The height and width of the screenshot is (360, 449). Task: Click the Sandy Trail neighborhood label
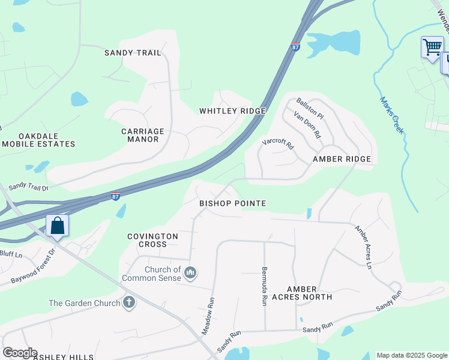pyautogui.click(x=133, y=53)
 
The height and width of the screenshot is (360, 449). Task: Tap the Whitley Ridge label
pyautogui.click(x=232, y=111)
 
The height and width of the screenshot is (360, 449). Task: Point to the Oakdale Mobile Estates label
pyautogui.click(x=38, y=140)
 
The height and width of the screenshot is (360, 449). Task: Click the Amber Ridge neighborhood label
pyautogui.click(x=342, y=159)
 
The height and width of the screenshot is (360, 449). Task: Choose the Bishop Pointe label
pyautogui.click(x=232, y=203)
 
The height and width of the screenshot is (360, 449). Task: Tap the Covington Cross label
pyautogui.click(x=152, y=240)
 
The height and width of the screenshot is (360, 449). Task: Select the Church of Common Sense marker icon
pyautogui.click(x=191, y=274)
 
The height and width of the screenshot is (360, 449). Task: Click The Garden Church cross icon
pyautogui.click(x=128, y=302)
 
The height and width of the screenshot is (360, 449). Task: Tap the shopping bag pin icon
pyautogui.click(x=58, y=226)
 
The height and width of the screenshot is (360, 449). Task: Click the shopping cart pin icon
pyautogui.click(x=432, y=47)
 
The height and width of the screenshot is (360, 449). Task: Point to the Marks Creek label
pyautogui.click(x=391, y=115)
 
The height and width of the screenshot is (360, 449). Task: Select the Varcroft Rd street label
pyautogui.click(x=278, y=145)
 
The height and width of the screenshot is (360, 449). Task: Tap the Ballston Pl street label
pyautogui.click(x=310, y=107)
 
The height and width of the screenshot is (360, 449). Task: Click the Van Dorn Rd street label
pyautogui.click(x=307, y=125)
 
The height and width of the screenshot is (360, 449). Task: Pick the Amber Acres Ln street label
pyautogui.click(x=364, y=246)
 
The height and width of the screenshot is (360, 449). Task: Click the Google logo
pyautogui.click(x=20, y=353)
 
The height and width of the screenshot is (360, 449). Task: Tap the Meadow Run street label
pyautogui.click(x=208, y=317)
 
